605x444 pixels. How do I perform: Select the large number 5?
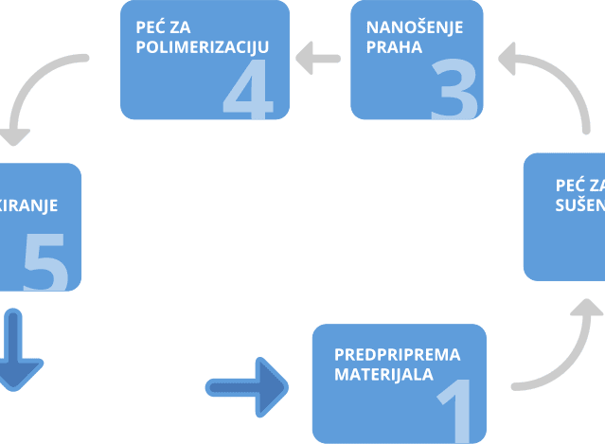(44, 263)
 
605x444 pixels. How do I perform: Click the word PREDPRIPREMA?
(397, 355)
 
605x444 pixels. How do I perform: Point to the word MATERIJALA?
(383, 374)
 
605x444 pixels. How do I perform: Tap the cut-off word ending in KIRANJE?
(28, 204)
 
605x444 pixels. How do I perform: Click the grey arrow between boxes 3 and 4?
(318, 60)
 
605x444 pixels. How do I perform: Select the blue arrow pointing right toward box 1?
(247, 385)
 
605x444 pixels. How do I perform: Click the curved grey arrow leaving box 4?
(38, 90)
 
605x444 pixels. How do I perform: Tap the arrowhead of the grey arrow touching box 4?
(305, 60)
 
